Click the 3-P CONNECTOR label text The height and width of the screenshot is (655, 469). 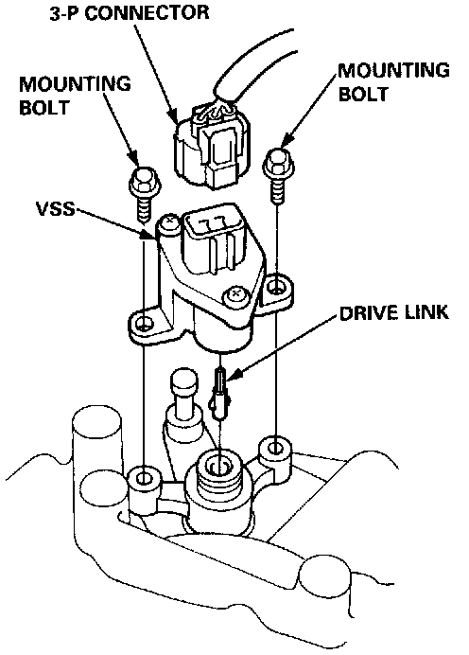[x=130, y=12]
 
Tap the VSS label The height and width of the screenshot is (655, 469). [x=56, y=208]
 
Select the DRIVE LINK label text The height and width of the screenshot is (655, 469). [x=394, y=312]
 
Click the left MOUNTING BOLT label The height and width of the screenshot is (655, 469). [x=75, y=96]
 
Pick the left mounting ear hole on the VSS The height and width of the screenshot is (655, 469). [x=145, y=323]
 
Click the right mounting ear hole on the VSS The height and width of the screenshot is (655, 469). [x=274, y=287]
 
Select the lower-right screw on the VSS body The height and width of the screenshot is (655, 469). [x=234, y=295]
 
